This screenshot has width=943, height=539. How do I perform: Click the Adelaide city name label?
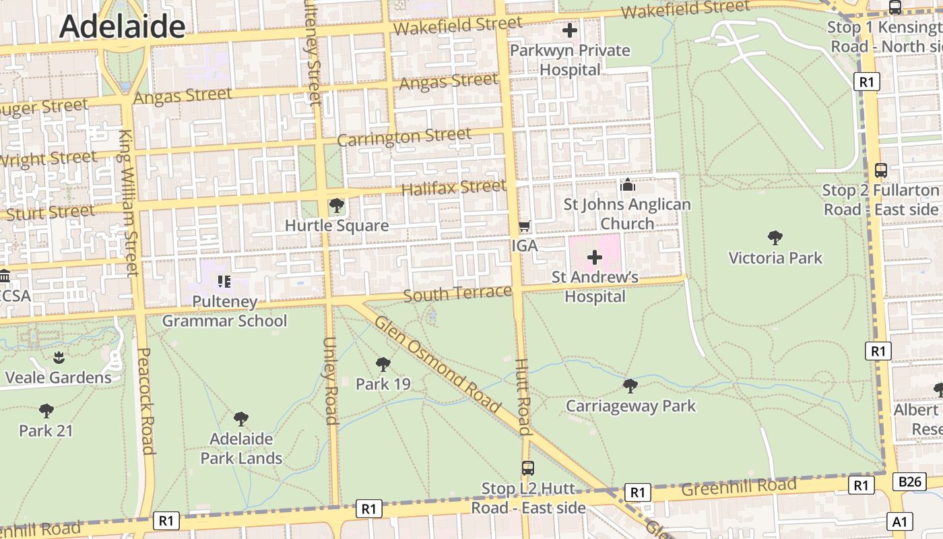click(x=122, y=26)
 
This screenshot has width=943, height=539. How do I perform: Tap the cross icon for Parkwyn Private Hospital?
click(x=570, y=30)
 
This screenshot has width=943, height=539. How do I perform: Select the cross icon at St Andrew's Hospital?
click(x=595, y=257)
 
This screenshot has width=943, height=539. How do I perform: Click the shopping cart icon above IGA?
click(x=525, y=226)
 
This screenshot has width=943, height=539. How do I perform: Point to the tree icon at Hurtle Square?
click(x=337, y=205)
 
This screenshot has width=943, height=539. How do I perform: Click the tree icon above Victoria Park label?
click(x=775, y=237)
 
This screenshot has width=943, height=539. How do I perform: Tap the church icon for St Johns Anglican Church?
click(x=628, y=185)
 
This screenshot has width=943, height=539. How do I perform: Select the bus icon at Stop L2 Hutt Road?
click(x=528, y=468)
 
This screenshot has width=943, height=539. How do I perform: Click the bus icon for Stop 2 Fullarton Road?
click(x=880, y=170)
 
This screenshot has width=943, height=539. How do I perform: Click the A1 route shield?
click(x=901, y=521)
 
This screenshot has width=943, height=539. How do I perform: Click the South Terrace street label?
click(x=457, y=294)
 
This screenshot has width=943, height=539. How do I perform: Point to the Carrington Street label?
click(x=404, y=137)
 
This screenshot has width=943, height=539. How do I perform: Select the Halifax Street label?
click(x=453, y=187)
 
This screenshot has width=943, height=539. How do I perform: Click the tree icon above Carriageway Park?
click(x=630, y=385)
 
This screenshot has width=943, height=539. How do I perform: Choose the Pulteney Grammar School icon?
click(x=224, y=281)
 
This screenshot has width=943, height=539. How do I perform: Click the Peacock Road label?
click(x=145, y=401)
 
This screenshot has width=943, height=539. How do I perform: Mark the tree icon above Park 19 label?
click(x=383, y=364)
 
